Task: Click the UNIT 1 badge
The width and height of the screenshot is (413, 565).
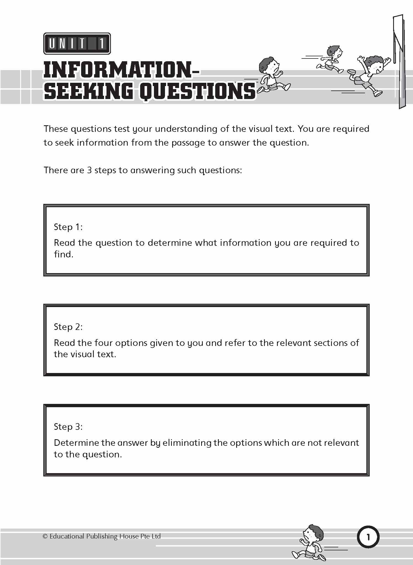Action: tap(77, 44)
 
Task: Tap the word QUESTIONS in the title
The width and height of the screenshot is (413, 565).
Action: tap(198, 91)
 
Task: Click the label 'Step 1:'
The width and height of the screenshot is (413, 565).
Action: tap(68, 227)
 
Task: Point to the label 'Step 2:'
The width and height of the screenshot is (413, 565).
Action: tap(68, 327)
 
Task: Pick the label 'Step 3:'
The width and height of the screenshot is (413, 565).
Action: tap(68, 427)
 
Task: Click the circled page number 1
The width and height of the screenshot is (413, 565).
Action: tap(368, 537)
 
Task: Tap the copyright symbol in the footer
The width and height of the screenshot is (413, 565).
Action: tap(45, 536)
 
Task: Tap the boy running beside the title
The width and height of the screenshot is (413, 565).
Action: tap(272, 75)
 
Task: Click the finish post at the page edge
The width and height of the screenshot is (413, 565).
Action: tap(399, 61)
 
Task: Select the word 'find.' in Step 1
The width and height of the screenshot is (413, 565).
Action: tap(63, 254)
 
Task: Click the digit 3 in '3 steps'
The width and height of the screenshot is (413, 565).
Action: tap(89, 170)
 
